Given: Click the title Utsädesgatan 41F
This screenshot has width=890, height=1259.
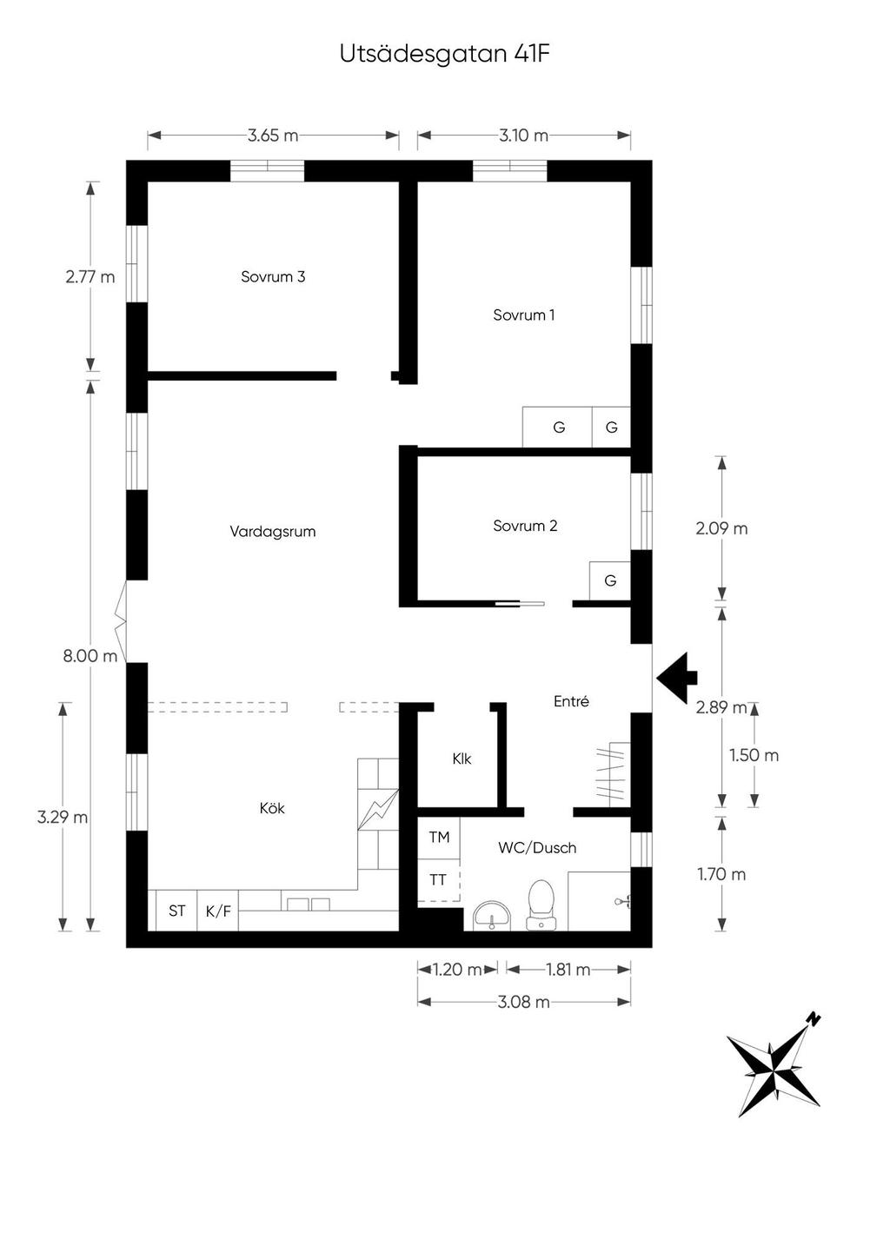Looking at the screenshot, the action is (444, 55).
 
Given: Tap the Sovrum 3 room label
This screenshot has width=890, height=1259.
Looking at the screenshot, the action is (273, 276).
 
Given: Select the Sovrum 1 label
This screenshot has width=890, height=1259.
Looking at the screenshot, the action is (523, 315).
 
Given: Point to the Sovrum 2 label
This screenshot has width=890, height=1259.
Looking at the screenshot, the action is (525, 526).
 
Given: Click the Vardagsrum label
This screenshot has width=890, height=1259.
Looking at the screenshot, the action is (273, 531).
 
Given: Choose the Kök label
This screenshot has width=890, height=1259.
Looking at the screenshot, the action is (272, 808).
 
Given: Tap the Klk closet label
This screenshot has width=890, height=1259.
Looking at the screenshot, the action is (462, 759).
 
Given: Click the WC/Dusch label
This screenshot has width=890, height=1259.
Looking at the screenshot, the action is (537, 847).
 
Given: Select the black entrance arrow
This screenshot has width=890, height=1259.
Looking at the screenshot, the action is (676, 678).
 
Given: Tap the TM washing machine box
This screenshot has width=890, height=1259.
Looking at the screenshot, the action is (439, 838).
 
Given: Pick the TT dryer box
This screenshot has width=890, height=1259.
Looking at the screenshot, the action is (439, 880).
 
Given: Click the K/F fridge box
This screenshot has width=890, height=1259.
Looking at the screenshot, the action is (217, 911).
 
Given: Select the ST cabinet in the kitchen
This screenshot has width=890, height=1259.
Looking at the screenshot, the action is (176, 911).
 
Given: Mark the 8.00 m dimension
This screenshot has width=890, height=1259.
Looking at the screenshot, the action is (90, 655).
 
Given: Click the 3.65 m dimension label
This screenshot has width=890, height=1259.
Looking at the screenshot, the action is (273, 136).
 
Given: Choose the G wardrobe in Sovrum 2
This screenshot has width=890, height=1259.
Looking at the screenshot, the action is (610, 580).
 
